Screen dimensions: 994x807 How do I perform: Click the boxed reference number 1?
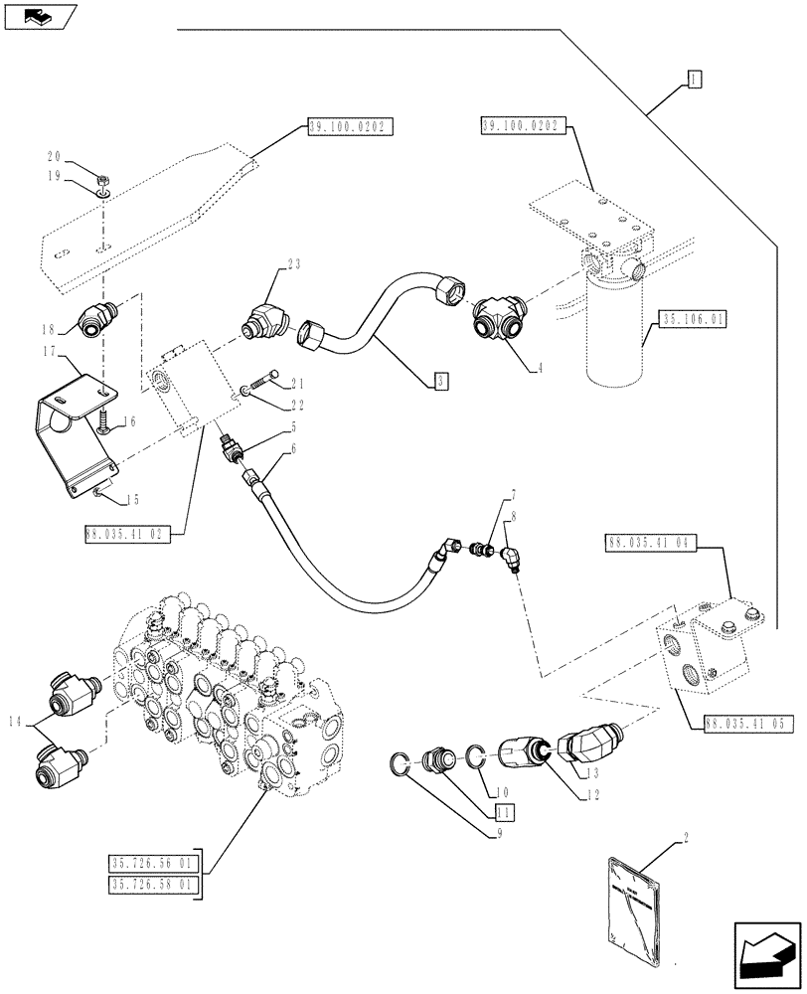(693, 79)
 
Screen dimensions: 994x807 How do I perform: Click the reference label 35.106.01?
(692, 319)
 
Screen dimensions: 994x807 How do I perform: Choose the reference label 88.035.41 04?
(651, 543)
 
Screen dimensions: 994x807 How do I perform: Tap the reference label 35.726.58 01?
(156, 883)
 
